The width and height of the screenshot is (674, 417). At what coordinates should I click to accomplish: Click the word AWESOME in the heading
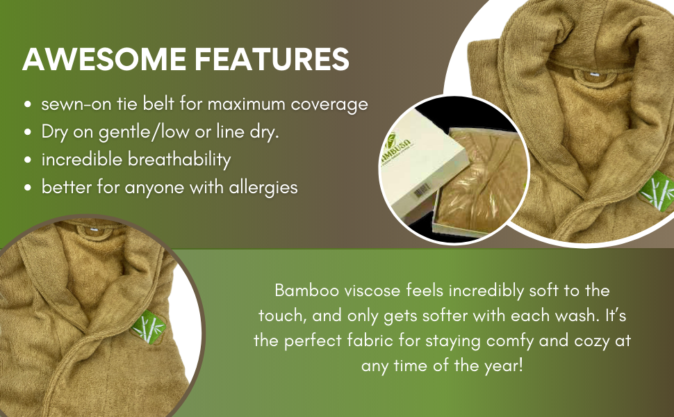click(x=104, y=59)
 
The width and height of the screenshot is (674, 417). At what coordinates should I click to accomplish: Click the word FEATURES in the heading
click(x=272, y=59)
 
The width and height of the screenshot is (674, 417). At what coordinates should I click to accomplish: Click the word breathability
click(x=179, y=159)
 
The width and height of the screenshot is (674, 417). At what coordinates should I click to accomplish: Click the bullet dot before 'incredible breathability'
click(x=28, y=160)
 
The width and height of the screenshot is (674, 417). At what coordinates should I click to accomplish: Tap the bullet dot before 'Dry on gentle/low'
click(x=28, y=133)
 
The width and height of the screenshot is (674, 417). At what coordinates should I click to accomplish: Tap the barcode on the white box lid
click(x=422, y=190)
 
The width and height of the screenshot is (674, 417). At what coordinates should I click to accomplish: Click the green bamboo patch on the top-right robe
click(x=657, y=191)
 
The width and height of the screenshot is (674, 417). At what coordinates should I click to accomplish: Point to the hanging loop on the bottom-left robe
click(x=94, y=231)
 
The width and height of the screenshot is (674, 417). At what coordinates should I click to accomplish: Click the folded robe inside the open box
click(x=482, y=181)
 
